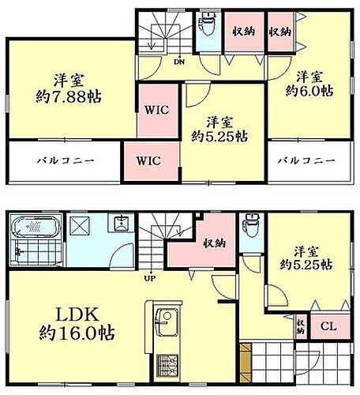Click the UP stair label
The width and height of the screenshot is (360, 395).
148,277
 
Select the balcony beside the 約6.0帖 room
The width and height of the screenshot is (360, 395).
310,160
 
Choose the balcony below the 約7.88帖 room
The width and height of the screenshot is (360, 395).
66,160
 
